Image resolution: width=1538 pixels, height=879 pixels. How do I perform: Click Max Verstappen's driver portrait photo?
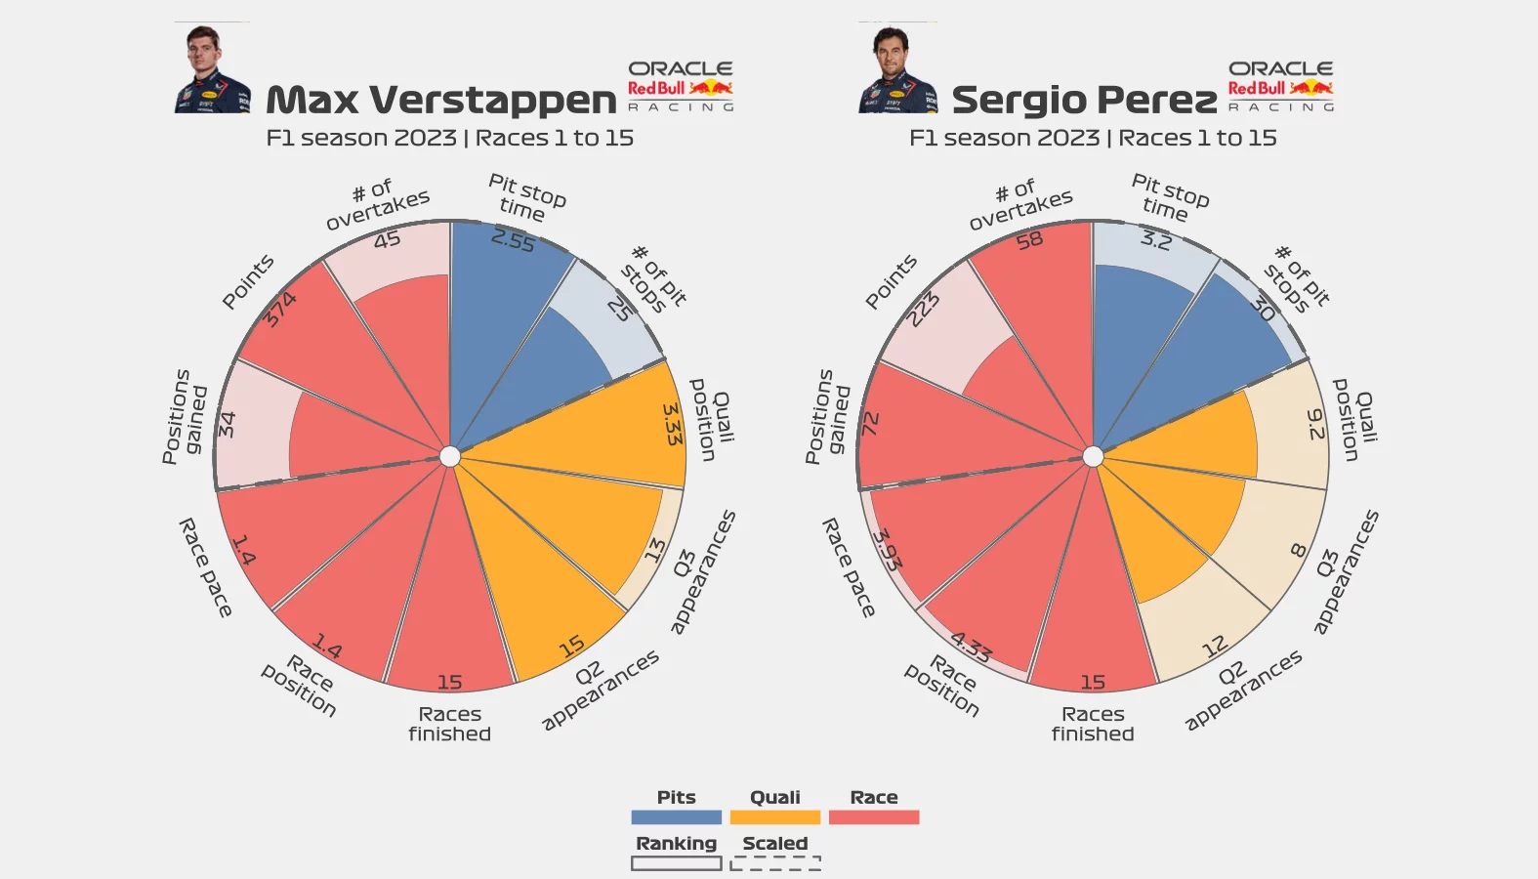(212, 68)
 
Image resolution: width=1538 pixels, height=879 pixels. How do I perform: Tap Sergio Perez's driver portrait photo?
(896, 68)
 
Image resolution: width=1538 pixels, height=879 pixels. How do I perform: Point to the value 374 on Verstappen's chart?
(280, 310)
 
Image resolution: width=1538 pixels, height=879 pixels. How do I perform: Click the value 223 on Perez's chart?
(923, 310)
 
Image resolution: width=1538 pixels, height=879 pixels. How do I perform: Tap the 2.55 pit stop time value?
(514, 240)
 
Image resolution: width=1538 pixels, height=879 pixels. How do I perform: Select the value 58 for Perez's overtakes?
(1029, 240)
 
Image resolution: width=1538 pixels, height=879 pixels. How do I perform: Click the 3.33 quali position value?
(672, 424)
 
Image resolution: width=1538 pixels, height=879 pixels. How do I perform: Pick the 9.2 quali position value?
(1315, 424)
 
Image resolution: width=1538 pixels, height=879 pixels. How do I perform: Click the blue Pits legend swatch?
(676, 817)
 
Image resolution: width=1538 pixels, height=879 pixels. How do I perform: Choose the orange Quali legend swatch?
(774, 817)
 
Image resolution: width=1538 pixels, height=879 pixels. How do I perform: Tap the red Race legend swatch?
(874, 817)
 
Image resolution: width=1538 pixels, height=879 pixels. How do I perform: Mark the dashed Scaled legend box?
(775, 863)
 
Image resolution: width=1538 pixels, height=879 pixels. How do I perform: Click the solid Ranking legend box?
(676, 863)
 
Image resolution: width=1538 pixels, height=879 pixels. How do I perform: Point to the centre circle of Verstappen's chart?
(450, 456)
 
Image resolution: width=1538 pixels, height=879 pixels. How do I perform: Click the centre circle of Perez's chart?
(1093, 456)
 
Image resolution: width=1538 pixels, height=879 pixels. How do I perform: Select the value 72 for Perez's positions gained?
(870, 424)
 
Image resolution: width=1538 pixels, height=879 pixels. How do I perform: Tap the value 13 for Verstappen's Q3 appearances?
(655, 550)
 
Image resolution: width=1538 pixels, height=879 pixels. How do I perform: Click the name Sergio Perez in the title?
(1084, 100)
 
